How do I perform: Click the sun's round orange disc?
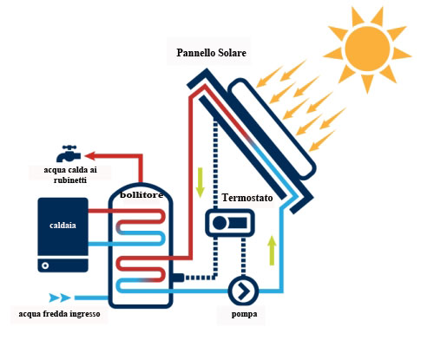point(367,49)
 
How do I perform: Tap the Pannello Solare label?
point(211,53)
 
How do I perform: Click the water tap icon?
point(69,154)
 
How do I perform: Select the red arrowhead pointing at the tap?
point(90,156)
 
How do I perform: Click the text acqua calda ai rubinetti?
point(70,175)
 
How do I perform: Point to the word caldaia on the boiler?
point(62,226)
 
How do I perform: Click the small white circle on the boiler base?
point(45,265)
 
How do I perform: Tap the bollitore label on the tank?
point(141,195)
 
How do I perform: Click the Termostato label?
point(247,198)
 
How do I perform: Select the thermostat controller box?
point(230,223)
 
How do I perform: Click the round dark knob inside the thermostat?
point(220,223)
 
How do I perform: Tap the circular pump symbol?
point(243,291)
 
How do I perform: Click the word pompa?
point(244,314)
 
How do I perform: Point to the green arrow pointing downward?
point(200,183)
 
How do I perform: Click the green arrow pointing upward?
point(272,250)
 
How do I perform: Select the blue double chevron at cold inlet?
point(60,298)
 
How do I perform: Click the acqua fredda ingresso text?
point(59,314)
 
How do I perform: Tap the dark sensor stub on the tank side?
point(178,278)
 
